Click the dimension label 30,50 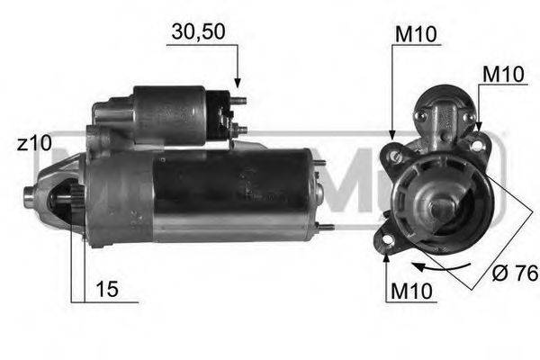pyautogui.click(x=197, y=32)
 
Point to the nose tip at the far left pyautogui.click(x=27, y=193)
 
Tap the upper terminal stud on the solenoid pyautogui.click(x=238, y=102)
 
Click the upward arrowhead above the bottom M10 pyautogui.click(x=387, y=259)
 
